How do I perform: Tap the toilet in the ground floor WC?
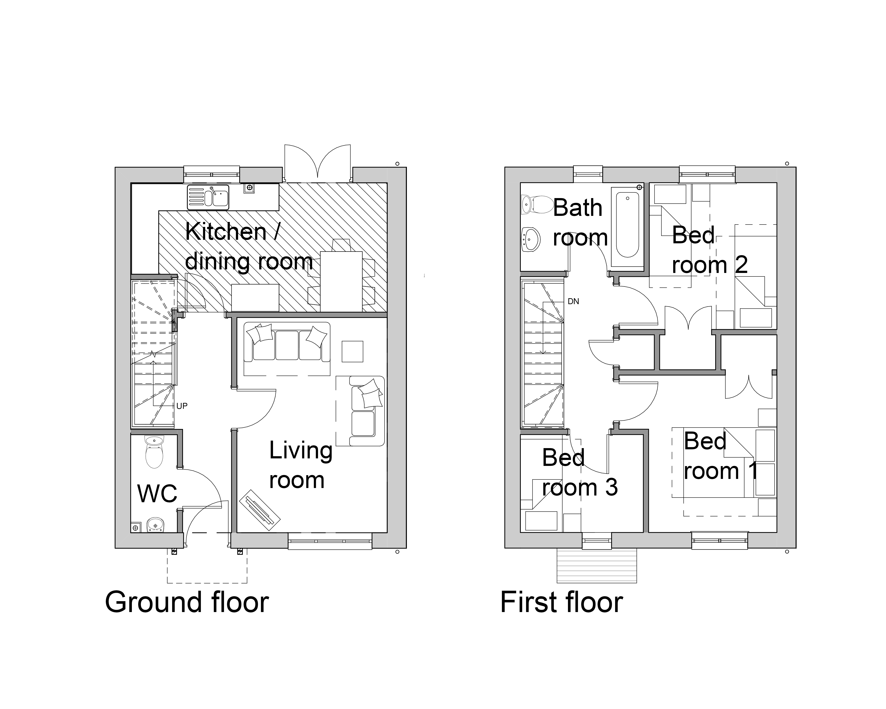pos(155,452)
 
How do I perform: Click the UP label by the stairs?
pos(182,406)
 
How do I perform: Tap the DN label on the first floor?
pos(573,301)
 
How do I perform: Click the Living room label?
pos(301,465)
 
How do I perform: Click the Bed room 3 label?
pos(579,473)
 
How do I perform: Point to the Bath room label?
pos(580,222)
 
